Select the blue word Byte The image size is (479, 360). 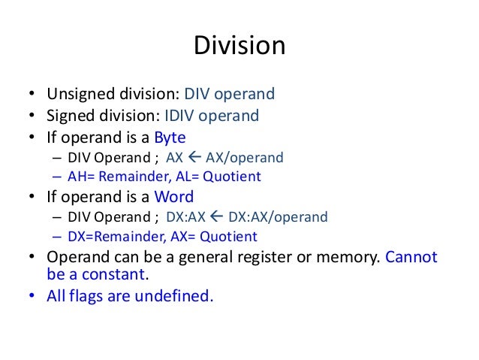pos(170,138)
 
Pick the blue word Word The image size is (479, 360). pos(173,197)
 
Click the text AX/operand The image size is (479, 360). pos(248,159)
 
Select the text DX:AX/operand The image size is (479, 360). pos(277,218)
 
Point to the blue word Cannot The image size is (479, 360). pos(411,258)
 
